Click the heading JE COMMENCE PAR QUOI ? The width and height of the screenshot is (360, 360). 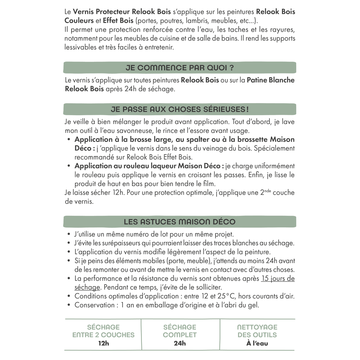tap(179, 68)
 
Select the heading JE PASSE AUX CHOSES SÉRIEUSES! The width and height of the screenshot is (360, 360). tap(179, 109)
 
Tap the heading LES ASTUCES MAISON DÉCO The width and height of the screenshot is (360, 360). tap(179, 222)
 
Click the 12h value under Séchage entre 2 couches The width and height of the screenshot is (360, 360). tap(103, 343)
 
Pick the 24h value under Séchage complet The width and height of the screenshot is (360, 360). tap(180, 343)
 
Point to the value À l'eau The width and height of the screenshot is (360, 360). tap(257, 343)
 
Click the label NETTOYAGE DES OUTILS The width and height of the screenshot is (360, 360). tap(257, 331)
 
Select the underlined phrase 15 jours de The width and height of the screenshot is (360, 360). tap(278, 278)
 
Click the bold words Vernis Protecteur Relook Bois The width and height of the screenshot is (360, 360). tap(122, 12)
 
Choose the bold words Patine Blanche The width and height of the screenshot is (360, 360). tap(271, 80)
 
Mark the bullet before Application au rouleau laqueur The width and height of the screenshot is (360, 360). tap(69, 166)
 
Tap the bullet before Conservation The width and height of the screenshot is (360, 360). tap(69, 305)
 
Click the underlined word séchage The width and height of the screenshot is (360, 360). tap(87, 287)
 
